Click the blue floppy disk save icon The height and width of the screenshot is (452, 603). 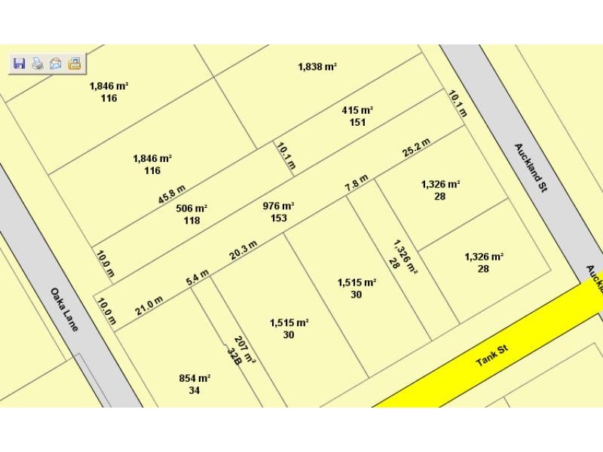[20, 64]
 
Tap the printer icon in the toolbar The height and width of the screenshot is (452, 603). [37, 64]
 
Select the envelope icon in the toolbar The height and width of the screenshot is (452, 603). [55, 64]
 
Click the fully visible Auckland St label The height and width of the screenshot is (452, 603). [530, 168]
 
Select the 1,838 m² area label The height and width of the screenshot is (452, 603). [317, 67]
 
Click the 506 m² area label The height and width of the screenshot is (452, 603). [191, 209]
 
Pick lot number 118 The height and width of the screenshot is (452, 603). [191, 221]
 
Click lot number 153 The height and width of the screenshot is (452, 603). [278, 218]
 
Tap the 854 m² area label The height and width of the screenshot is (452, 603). [194, 378]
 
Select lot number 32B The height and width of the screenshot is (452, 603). [234, 355]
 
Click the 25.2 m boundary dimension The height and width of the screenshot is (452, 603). [416, 148]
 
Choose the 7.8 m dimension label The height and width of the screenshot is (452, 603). [357, 182]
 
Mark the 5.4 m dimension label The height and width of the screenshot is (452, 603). [197, 279]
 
